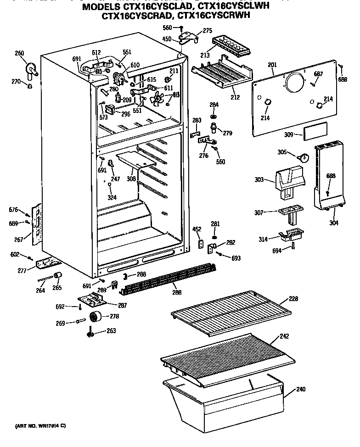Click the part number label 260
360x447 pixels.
pos(19,53)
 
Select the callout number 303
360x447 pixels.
pos(260,180)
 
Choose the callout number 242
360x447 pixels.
pos(284,336)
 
